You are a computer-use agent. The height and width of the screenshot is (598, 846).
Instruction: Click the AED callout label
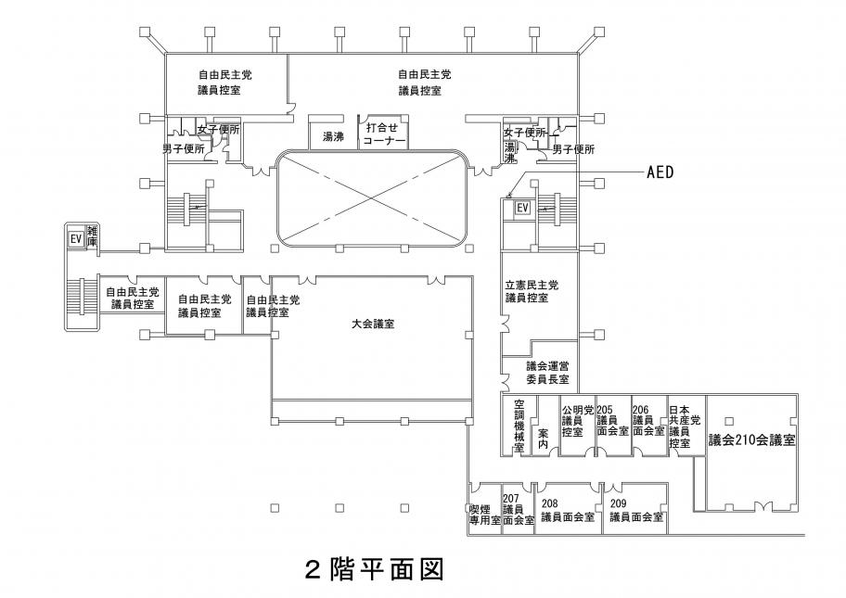coord(658,172)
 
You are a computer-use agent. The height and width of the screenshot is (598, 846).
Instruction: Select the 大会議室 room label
coord(374,324)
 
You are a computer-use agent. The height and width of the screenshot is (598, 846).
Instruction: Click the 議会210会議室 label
coord(751,439)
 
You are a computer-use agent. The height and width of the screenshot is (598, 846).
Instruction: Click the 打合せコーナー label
coord(384,134)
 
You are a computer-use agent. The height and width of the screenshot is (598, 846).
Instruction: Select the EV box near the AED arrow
coord(522,208)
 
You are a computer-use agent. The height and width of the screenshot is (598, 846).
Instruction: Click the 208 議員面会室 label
coord(567,511)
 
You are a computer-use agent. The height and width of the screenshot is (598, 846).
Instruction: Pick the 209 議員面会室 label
coord(636,511)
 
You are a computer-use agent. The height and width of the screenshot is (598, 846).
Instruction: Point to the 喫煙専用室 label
coord(484,515)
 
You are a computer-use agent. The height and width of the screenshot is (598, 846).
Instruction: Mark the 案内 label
coord(543,439)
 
